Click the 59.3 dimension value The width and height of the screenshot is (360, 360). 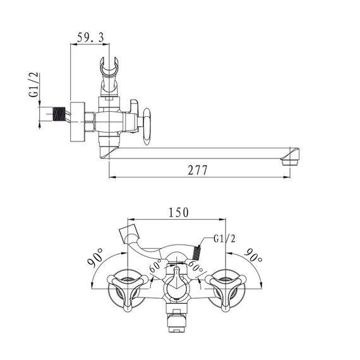(x=90, y=37)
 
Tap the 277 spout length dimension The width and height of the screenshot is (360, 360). (x=198, y=170)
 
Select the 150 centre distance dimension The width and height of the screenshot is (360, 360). (x=179, y=212)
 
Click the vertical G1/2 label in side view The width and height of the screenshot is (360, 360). (x=33, y=85)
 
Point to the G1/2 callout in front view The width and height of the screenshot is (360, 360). (x=225, y=239)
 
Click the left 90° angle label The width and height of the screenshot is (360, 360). (x=95, y=258)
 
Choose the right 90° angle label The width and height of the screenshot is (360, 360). (x=253, y=255)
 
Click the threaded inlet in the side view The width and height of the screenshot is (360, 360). (x=59, y=114)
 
